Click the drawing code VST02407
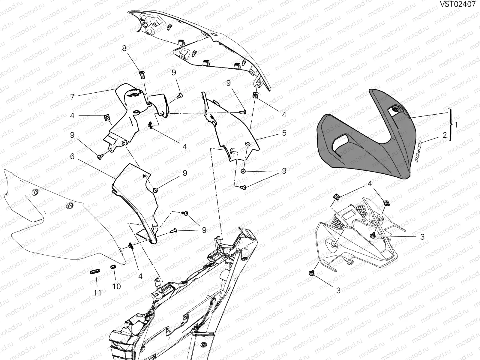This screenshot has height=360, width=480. [x=457, y=4]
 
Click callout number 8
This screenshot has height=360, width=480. [x=124, y=48]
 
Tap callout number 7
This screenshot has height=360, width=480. [x=72, y=97]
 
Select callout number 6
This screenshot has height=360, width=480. [x=72, y=156]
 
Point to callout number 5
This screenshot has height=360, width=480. [x=284, y=133]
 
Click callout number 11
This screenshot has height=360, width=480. [x=97, y=293]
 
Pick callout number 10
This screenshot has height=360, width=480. [x=117, y=286]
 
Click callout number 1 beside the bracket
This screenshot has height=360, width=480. [x=456, y=125]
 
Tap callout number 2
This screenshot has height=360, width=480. [x=445, y=135]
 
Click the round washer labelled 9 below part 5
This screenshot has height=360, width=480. [x=243, y=171]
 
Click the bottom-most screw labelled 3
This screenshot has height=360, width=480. [x=311, y=273]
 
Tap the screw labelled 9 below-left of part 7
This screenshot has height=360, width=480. [x=100, y=157]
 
